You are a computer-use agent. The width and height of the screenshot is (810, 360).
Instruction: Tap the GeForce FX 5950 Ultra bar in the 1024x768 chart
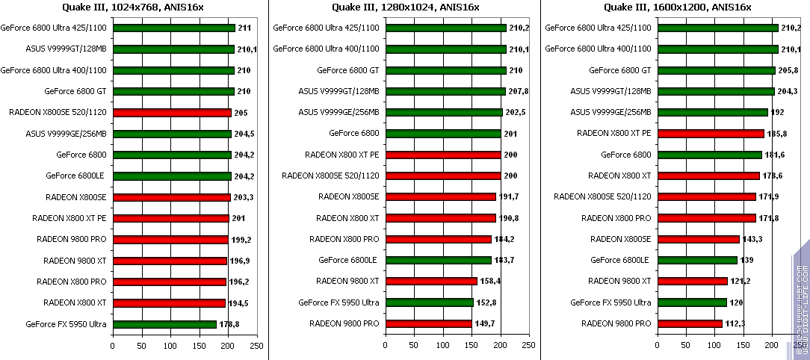[164, 324]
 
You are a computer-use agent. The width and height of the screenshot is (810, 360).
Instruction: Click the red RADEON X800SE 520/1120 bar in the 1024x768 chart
[172, 113]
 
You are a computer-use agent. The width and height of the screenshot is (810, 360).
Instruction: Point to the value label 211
[244, 28]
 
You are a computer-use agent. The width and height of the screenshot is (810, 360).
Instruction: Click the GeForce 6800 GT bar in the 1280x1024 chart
[445, 70]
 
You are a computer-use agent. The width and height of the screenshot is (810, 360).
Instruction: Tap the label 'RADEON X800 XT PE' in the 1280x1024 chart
[341, 155]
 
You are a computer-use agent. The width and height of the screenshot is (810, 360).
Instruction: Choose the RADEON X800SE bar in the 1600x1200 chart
[698, 239]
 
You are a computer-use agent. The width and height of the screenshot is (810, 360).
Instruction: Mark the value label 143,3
[751, 239]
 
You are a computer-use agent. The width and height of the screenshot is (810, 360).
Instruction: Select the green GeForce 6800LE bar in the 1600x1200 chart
[696, 260]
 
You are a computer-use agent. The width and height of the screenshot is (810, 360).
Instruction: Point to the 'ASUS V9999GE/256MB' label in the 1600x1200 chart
[611, 112]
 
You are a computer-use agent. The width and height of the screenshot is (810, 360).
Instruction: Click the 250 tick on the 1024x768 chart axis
[256, 347]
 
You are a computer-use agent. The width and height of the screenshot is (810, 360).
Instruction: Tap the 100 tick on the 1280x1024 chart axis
[442, 347]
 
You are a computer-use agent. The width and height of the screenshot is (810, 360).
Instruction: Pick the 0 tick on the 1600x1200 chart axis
[657, 347]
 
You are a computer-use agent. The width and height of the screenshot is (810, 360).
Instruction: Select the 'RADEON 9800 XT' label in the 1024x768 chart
[75, 261]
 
